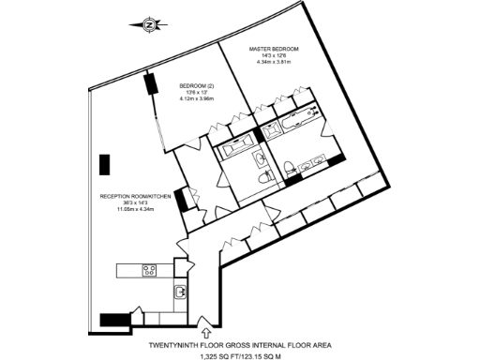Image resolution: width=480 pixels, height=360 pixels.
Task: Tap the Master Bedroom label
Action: coord(274,48)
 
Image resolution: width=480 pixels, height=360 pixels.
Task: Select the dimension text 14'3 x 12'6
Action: coord(274,55)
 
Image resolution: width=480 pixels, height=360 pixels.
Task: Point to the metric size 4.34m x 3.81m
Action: coord(274,62)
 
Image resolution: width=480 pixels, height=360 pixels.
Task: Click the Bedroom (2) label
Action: coord(197,86)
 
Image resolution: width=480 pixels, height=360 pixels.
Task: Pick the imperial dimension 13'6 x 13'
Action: coord(197,93)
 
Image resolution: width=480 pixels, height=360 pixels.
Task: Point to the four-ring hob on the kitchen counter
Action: coord(149,271)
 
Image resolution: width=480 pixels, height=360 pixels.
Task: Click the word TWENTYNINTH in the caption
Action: coord(180,344)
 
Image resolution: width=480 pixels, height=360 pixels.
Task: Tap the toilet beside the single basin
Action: coord(265,175)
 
